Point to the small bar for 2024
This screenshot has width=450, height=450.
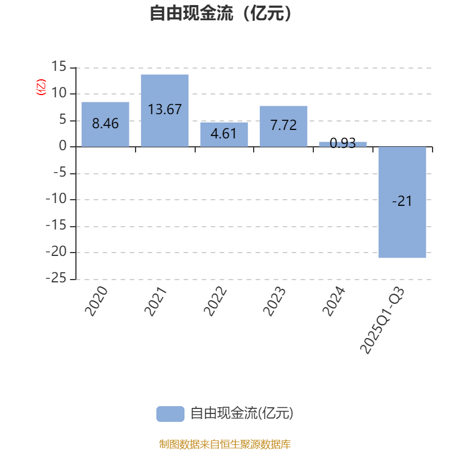[343, 144]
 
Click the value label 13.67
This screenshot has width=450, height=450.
[165, 109]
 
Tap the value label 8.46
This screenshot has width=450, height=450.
[105, 124]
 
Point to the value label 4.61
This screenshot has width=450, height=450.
[224, 134]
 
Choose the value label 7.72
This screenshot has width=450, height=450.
[283, 125]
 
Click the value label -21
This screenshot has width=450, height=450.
[402, 201]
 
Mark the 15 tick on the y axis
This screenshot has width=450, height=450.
[58, 67]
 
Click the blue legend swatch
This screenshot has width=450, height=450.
[170, 413]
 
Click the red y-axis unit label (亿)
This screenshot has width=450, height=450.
[41, 87]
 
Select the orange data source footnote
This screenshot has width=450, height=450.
[225, 444]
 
